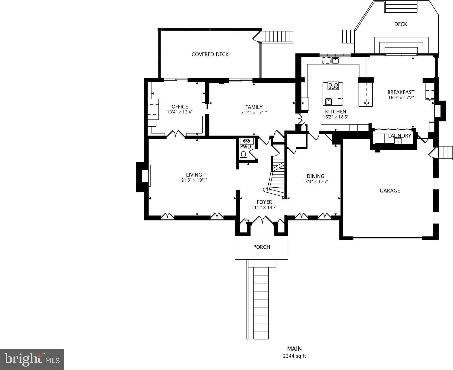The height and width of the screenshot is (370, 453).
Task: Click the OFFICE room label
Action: (x=179, y=106)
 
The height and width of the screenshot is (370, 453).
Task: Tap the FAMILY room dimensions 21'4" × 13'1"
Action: (x=254, y=112)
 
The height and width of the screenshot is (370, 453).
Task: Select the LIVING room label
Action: (x=194, y=175)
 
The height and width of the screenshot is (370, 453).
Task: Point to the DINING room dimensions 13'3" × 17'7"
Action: (x=316, y=182)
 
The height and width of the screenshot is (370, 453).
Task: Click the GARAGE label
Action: (x=390, y=190)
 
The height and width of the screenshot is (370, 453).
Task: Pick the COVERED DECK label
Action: (x=210, y=54)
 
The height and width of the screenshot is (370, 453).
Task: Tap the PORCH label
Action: (x=261, y=247)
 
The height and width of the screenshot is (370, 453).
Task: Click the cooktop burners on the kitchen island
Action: (x=333, y=86)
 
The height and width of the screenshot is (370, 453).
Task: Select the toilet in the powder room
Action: (x=243, y=156)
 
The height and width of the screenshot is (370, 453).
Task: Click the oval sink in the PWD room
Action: (x=246, y=141)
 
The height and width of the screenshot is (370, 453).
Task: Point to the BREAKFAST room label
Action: (x=401, y=92)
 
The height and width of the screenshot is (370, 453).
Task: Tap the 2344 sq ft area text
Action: (x=294, y=356)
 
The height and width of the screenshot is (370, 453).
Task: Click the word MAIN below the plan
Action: (x=294, y=348)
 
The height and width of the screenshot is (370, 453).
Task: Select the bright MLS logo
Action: (x=32, y=359)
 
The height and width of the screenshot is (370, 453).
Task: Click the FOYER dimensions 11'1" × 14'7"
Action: (x=264, y=207)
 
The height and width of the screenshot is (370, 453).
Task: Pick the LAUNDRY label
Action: (x=400, y=136)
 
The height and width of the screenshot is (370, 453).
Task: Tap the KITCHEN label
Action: (x=336, y=112)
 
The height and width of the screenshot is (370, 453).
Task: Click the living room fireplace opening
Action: (x=145, y=176)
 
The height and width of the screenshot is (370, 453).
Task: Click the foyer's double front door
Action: (x=262, y=220)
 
